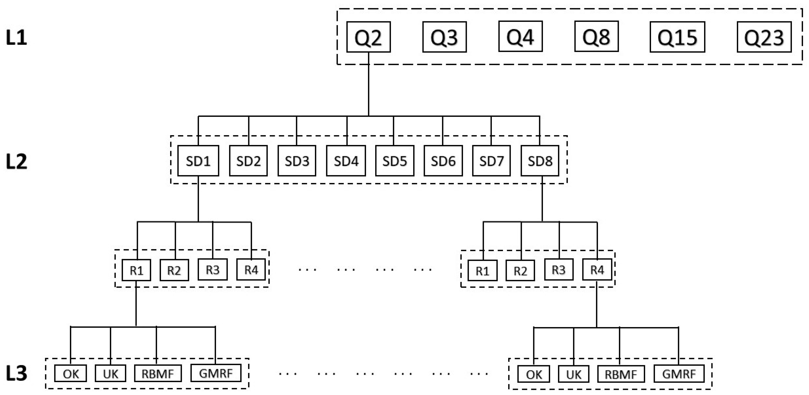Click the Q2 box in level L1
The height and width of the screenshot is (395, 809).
click(x=368, y=37)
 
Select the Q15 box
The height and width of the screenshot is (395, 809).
click(x=677, y=37)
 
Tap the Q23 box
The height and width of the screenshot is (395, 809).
click(x=764, y=37)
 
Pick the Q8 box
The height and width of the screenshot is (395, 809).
click(x=596, y=36)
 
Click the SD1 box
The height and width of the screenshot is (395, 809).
click(x=198, y=161)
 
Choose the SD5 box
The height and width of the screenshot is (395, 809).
click(x=394, y=161)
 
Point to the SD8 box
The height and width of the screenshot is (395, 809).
click(x=540, y=161)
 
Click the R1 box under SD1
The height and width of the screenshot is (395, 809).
click(x=136, y=270)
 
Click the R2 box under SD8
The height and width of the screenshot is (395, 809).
click(x=520, y=270)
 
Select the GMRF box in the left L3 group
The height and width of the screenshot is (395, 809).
click(x=216, y=373)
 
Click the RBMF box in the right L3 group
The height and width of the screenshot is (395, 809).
click(x=621, y=374)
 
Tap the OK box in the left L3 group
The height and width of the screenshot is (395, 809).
click(x=70, y=373)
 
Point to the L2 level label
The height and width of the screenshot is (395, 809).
click(x=16, y=162)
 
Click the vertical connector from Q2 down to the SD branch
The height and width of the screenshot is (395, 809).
click(x=368, y=85)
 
